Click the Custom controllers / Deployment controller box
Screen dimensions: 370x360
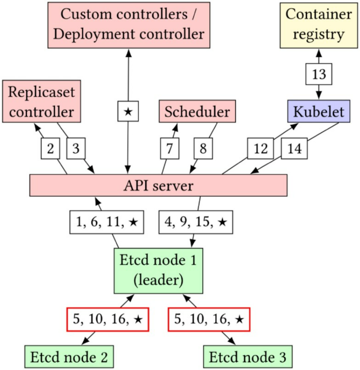tap(128, 25)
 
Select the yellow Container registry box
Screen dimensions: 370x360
tap(319, 25)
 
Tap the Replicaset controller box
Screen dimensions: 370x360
tap(41, 101)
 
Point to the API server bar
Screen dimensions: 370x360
tap(158, 186)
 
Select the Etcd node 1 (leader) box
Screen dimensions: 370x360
tap(158, 270)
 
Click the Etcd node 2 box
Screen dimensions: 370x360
tap(69, 357)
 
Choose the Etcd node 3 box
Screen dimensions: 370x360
tap(247, 357)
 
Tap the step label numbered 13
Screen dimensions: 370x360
tap(319, 74)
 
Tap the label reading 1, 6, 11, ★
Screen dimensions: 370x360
tap(106, 222)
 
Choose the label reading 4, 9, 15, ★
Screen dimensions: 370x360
tap(195, 222)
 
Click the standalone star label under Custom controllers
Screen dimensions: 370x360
tap(128, 111)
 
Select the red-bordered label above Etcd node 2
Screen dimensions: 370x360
tap(107, 319)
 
